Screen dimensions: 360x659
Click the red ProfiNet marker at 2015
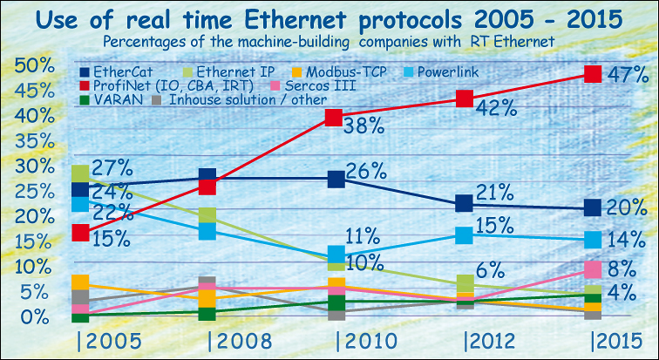pyautogui.click(x=593, y=74)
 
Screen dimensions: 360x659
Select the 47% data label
pyautogui.click(x=628, y=75)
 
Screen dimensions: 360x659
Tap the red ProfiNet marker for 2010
pyautogui.click(x=333, y=118)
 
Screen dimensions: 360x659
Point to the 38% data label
pyautogui.click(x=365, y=126)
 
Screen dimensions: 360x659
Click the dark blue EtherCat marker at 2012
pyautogui.click(x=465, y=204)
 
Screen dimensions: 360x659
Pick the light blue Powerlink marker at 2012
pyautogui.click(x=465, y=234)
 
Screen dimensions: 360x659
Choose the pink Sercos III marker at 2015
pyautogui.click(x=593, y=269)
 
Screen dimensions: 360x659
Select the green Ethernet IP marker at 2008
pyautogui.click(x=207, y=215)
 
